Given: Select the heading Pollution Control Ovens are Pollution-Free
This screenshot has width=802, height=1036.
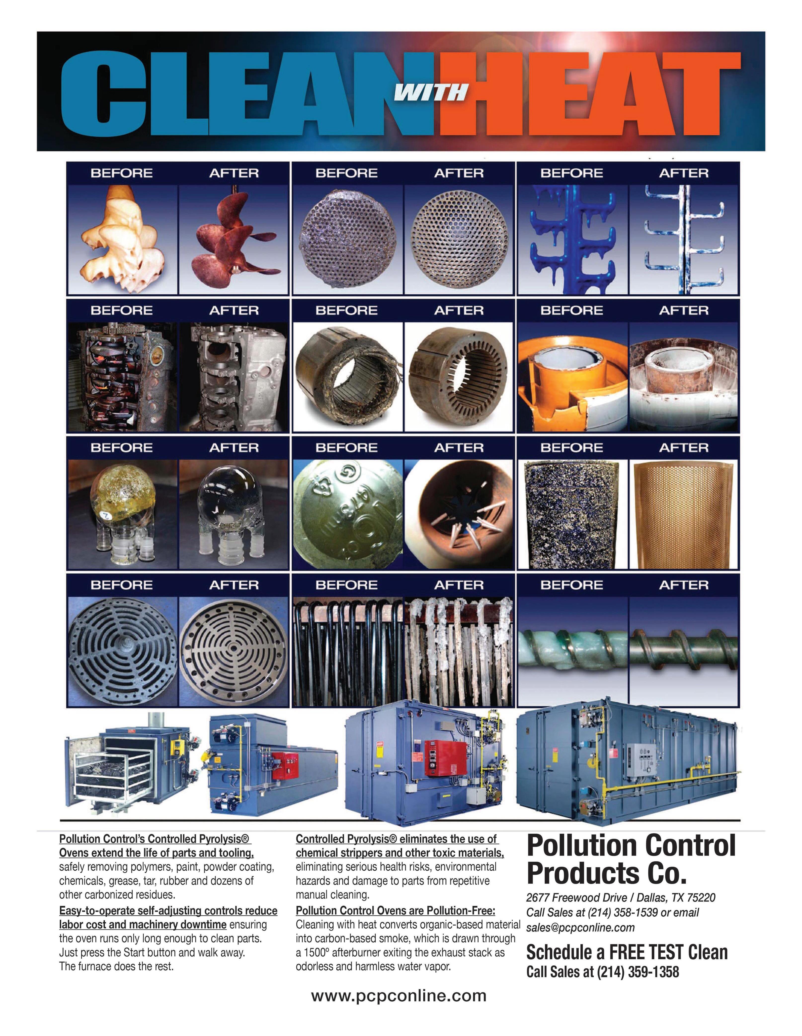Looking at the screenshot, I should (x=395, y=910).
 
